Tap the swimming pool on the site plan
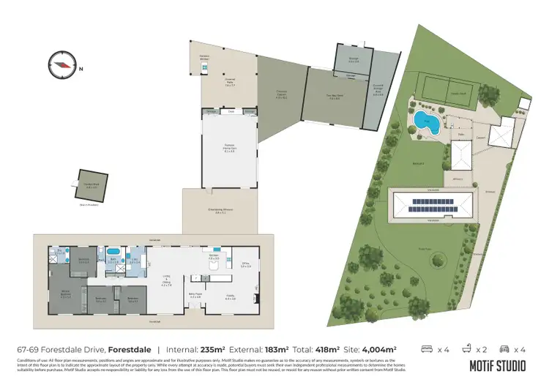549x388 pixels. click(426, 122)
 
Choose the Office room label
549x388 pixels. click(246, 265)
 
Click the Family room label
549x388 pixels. click(230, 297)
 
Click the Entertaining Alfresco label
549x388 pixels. click(220, 212)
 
